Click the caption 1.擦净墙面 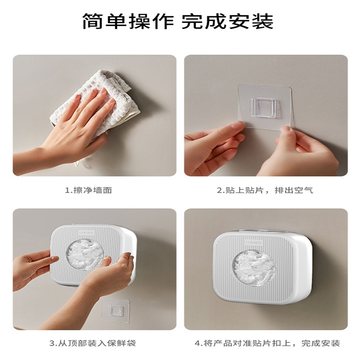point(89,190)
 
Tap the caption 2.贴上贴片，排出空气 point(265,190)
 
